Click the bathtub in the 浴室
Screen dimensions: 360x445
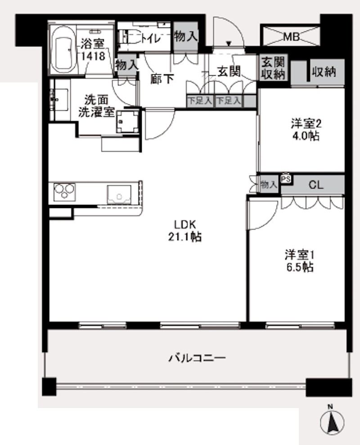(63, 50)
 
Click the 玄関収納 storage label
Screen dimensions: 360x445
(273, 68)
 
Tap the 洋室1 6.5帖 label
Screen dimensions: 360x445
(299, 260)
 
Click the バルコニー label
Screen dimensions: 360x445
(197, 359)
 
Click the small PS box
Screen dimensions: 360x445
(286, 178)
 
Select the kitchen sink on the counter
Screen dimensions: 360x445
(119, 195)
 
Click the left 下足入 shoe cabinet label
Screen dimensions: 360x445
(200, 101)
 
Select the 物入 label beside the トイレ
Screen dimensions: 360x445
(186, 37)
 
